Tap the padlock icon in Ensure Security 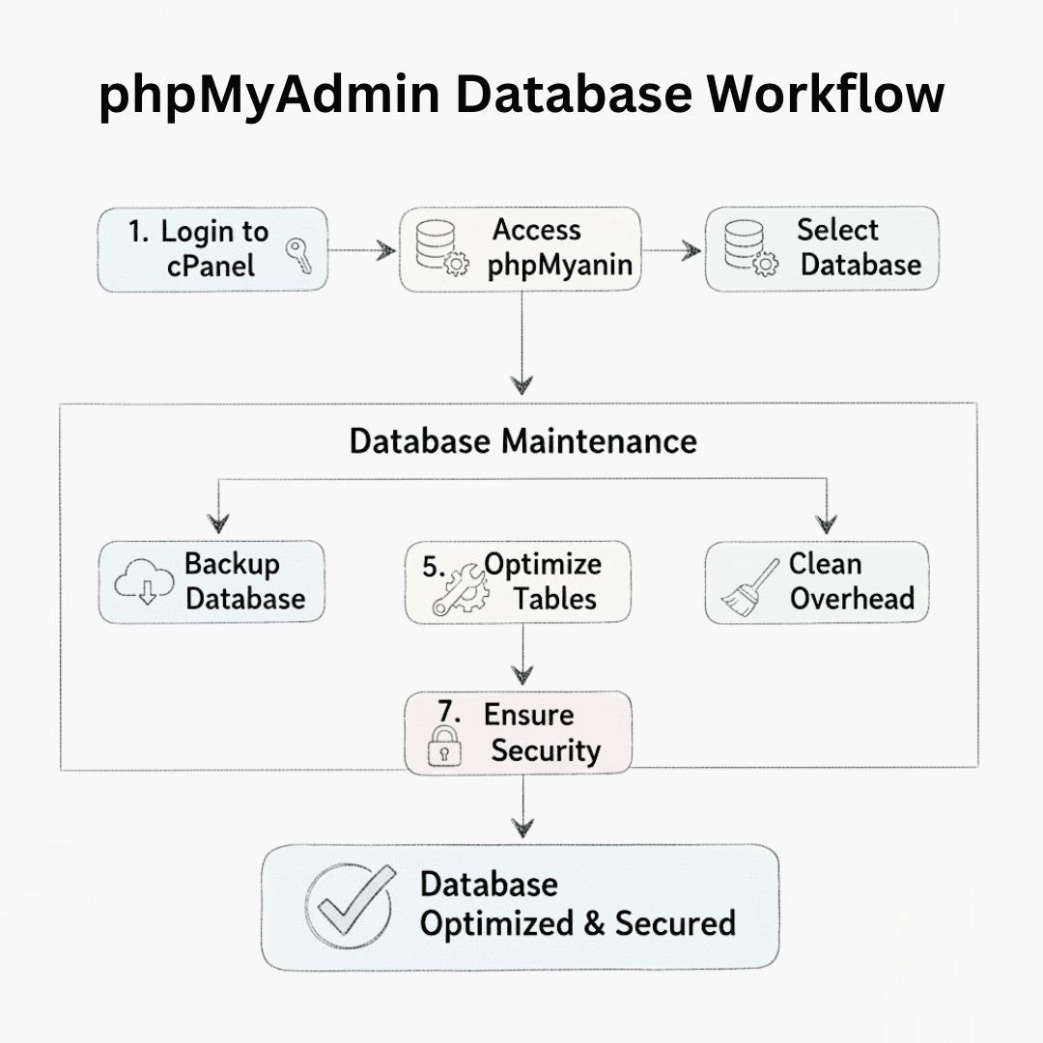(x=444, y=747)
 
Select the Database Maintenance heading (x=522, y=441)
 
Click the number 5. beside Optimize (x=434, y=566)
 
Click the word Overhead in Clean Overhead (x=852, y=598)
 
